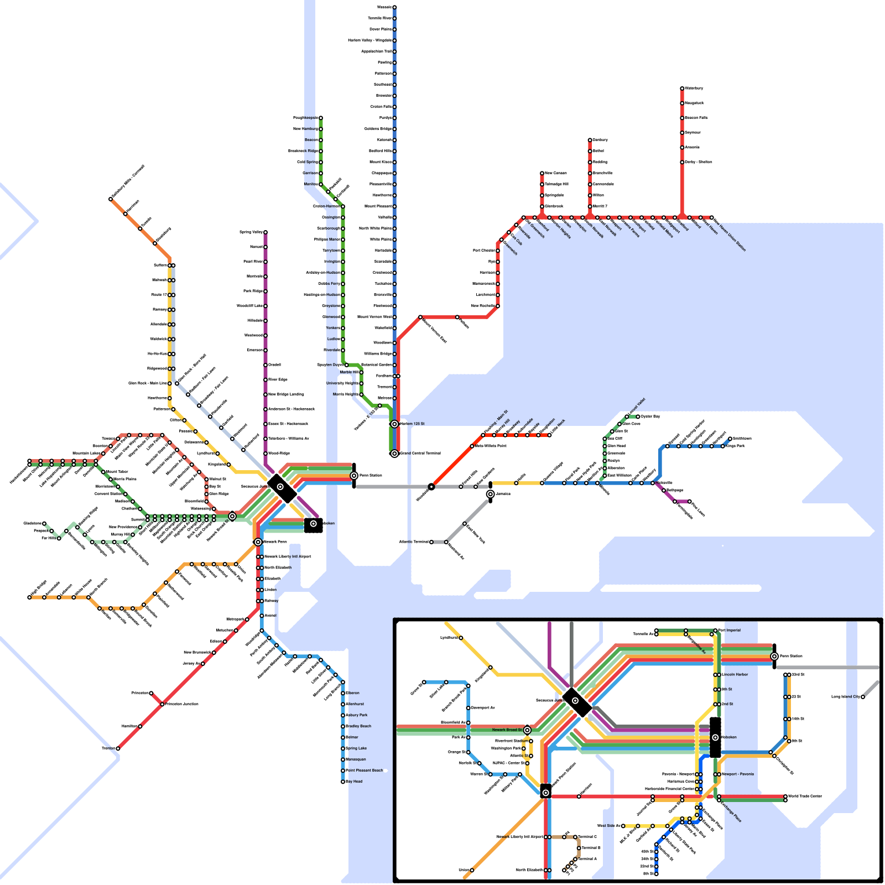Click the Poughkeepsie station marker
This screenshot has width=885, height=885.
[x=320, y=118]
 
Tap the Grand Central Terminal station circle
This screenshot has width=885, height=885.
[x=394, y=454]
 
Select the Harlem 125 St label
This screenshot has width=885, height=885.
[x=412, y=424]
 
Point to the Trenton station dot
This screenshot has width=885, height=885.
[x=118, y=748]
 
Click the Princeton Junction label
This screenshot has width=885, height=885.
[x=182, y=704]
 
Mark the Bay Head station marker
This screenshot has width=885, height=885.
[x=343, y=782]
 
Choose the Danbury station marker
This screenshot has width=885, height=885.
[x=590, y=140]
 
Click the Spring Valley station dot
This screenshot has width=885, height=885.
[x=265, y=232]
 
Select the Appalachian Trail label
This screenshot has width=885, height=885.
[x=376, y=51]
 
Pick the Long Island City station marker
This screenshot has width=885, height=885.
[x=863, y=697]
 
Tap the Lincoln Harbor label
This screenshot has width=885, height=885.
[x=735, y=675]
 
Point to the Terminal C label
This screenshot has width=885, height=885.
[x=587, y=837]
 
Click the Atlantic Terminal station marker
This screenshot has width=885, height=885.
[x=431, y=542]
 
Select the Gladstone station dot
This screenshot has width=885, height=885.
[x=44, y=523]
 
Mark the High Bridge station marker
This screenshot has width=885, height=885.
[x=29, y=597]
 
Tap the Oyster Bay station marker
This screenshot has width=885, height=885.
[x=638, y=417]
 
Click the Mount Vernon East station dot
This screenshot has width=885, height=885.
[x=420, y=317]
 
